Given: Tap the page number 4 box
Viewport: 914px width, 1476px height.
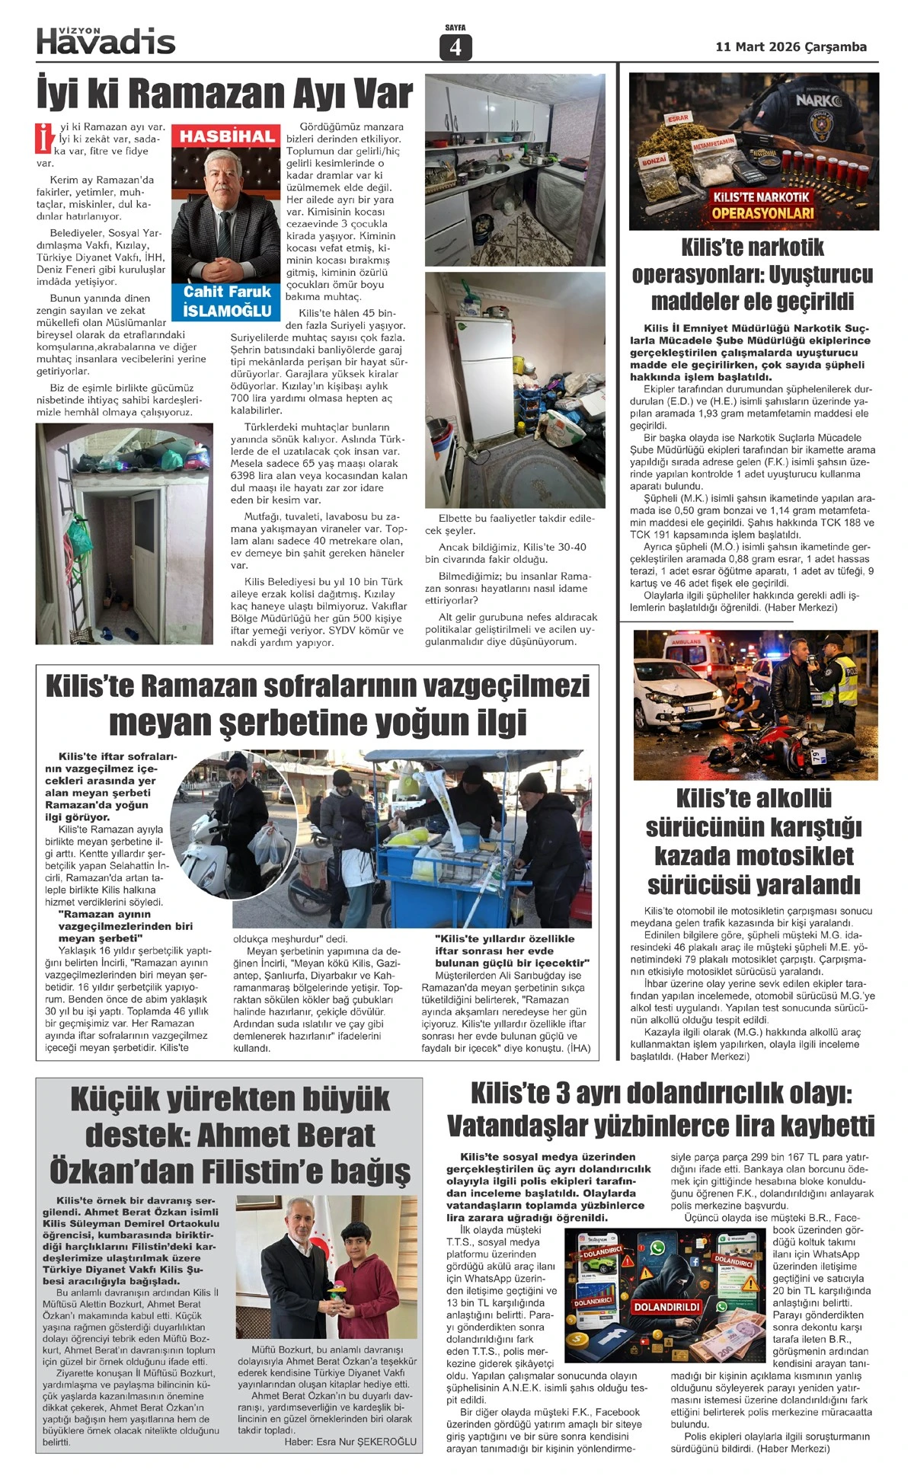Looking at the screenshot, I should [x=455, y=47].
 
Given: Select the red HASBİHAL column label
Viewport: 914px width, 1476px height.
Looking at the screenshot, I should [x=227, y=137].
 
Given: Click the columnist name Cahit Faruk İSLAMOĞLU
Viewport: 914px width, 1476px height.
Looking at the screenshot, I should [x=227, y=301].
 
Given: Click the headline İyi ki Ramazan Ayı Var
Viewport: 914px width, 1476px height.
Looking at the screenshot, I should [x=225, y=94].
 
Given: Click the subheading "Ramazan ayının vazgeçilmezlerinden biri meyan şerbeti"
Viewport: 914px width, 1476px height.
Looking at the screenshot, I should [x=126, y=926].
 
